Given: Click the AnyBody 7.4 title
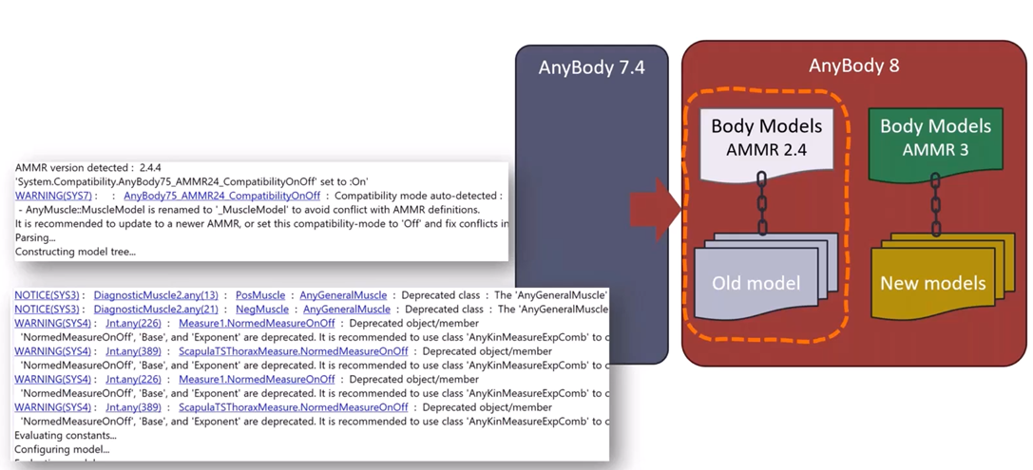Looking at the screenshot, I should (590, 67).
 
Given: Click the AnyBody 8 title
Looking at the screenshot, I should (853, 66).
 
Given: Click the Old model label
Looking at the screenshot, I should (756, 283).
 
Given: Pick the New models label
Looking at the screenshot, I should (932, 283).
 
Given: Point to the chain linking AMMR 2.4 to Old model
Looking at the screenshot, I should (761, 203).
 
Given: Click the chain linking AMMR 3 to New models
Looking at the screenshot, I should (935, 204).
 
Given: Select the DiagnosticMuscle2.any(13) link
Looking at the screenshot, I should (156, 295).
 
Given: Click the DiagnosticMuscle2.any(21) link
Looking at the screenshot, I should (156, 310).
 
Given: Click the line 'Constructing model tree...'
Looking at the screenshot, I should (75, 252).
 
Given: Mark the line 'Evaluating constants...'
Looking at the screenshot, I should (66, 436).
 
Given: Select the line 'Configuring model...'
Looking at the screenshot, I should (62, 449).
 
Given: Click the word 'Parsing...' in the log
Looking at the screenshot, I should (35, 237).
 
